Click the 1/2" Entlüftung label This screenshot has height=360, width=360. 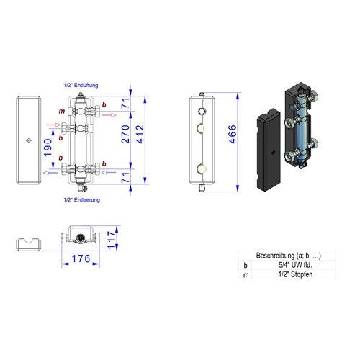pos(81,85)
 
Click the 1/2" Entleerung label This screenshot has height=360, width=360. pos(81,200)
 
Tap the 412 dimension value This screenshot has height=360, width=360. pos(140,134)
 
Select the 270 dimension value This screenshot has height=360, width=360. pos(125,134)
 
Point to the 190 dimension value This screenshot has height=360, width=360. pos(48,148)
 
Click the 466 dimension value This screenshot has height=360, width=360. pos(233,134)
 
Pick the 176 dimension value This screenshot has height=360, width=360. pos(81,258)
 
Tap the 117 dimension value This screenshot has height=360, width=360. pos(112,240)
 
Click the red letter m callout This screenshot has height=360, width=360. pos(62,112)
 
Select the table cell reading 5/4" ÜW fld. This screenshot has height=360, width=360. pos(295,265)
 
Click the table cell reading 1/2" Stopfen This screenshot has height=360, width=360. pos(295,274)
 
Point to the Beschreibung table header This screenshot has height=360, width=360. pos(289,256)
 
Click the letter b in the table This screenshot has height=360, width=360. pos(246,266)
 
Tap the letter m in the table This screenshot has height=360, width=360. pos(246,275)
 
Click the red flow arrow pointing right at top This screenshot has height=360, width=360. pos(109,115)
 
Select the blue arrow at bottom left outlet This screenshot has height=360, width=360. pos(50,173)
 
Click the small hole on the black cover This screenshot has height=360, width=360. pos(273,153)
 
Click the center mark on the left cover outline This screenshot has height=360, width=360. pos(29,140)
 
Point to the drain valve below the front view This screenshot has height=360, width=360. pos(82,187)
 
